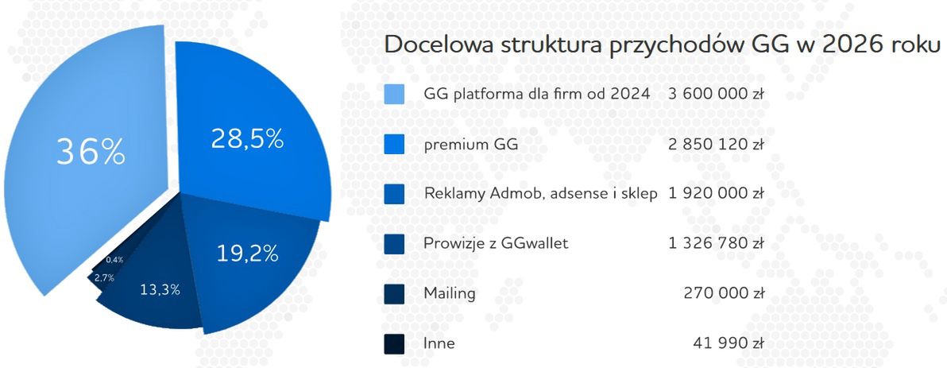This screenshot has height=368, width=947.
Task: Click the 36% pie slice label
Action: (90, 151)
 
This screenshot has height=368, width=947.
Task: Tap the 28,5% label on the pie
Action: (247, 138)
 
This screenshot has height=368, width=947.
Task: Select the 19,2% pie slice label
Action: (247, 254)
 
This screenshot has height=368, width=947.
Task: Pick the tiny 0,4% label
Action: (114, 260)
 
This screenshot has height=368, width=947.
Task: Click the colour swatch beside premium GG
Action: (393, 145)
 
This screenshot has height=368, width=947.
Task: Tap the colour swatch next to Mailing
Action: (393, 293)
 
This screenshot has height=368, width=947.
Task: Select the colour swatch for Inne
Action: (393, 343)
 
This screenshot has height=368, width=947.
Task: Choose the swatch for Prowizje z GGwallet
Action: (393, 244)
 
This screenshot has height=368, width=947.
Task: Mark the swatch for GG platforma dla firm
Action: (393, 95)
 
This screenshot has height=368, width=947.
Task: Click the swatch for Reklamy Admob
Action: (393, 194)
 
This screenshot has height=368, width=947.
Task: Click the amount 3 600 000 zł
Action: (716, 95)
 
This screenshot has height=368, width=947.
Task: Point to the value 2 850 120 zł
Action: (716, 145)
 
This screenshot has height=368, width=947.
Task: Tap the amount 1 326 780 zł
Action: (716, 244)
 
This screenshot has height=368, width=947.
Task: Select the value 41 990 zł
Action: (729, 343)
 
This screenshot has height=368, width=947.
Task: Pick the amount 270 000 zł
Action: (724, 293)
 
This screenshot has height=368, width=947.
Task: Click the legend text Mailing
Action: (449, 293)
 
